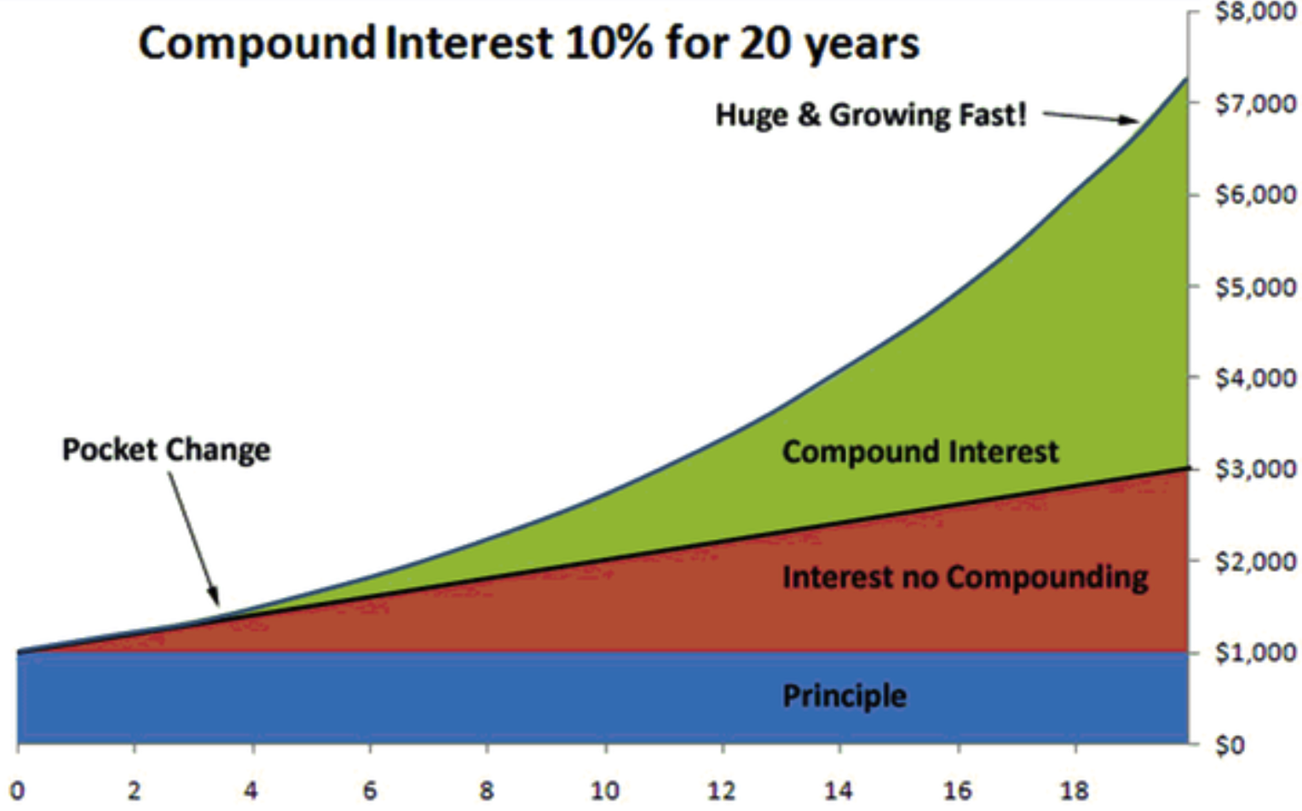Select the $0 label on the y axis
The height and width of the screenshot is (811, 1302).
[1230, 745]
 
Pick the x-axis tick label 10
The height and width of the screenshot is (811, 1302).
[605, 791]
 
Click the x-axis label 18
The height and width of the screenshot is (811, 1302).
[1074, 791]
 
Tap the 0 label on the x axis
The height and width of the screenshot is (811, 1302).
[17, 791]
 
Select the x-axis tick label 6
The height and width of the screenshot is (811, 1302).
[371, 791]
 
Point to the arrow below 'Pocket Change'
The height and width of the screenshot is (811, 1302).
[193, 538]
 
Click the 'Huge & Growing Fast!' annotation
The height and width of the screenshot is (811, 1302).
[871, 115]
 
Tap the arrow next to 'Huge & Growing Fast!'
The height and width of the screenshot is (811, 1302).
[1091, 118]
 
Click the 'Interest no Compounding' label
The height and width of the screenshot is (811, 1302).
[965, 578]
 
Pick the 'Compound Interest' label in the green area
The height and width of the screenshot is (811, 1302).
[920, 452]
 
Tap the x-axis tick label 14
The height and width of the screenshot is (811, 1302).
[838, 791]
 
